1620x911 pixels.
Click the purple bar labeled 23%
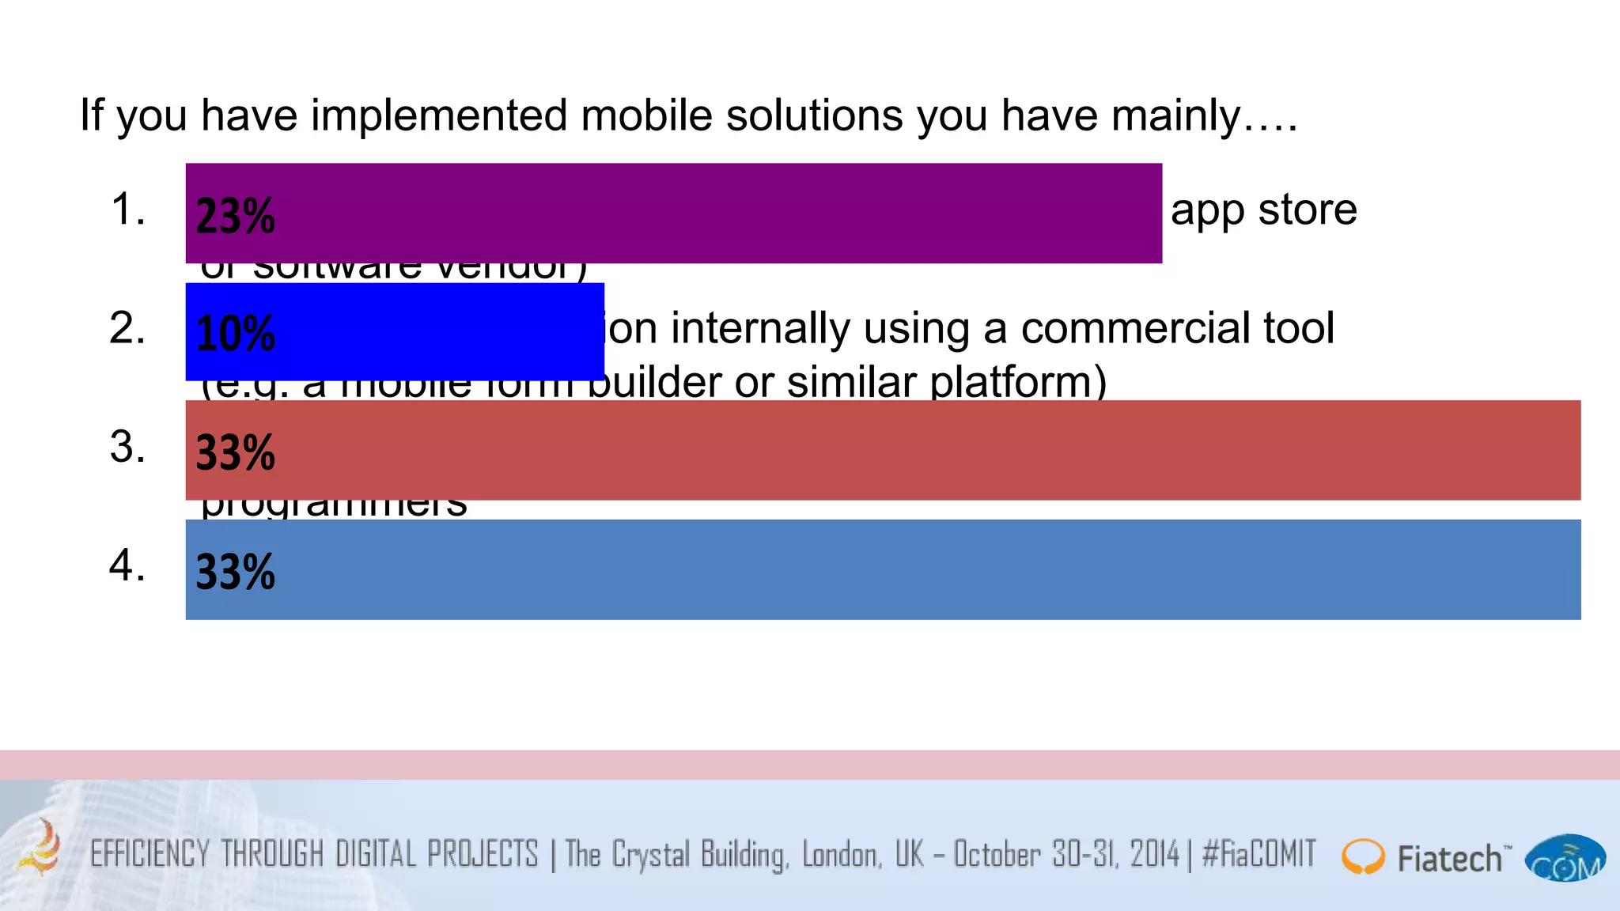point(672,214)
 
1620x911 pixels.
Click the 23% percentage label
point(235,216)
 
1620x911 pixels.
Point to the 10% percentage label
point(235,334)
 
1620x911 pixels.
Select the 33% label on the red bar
point(235,452)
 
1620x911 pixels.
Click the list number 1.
point(127,210)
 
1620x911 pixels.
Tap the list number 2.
point(127,329)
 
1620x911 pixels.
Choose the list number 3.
point(127,448)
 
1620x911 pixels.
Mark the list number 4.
point(127,566)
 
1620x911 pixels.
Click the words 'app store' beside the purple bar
point(1263,210)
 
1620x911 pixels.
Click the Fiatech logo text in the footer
point(1449,859)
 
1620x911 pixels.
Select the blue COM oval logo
point(1565,859)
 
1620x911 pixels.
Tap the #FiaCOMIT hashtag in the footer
point(1259,855)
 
